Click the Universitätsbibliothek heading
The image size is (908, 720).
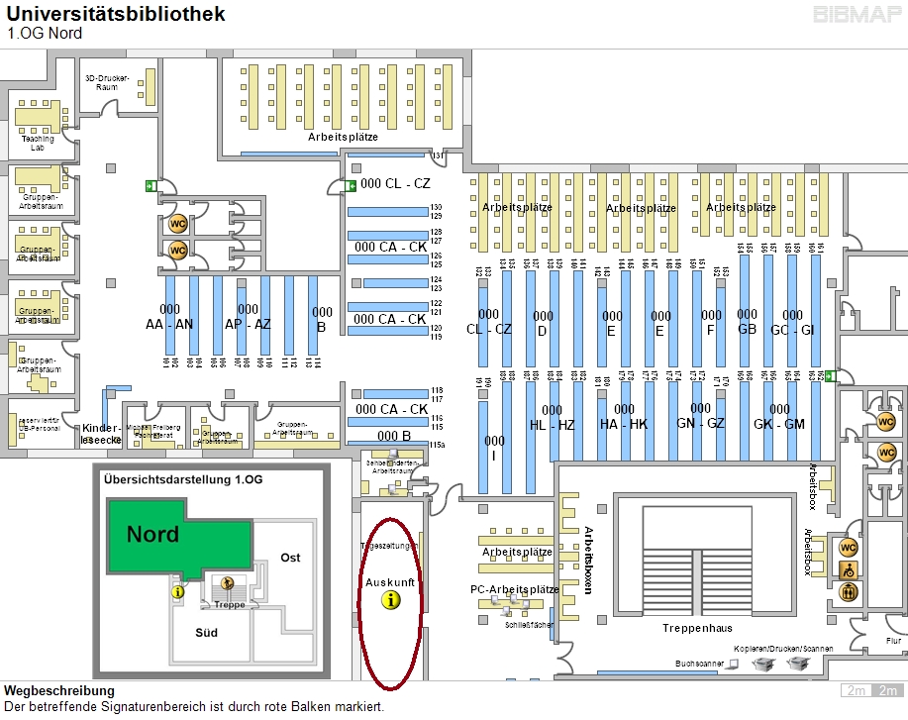[116, 14]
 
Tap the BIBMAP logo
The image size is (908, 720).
[855, 15]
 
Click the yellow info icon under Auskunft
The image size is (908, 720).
[391, 600]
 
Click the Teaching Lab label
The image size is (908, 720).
[38, 144]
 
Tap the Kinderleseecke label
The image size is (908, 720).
[101, 434]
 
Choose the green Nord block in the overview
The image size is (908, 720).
[154, 535]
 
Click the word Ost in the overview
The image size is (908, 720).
[290, 558]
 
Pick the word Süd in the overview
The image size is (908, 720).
[206, 631]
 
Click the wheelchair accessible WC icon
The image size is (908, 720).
[849, 569]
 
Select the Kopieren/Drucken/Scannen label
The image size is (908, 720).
[783, 649]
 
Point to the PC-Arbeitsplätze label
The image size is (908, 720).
[515, 589]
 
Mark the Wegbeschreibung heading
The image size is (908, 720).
[59, 690]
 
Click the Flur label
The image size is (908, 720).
[893, 641]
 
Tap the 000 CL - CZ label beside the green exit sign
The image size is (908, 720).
[395, 184]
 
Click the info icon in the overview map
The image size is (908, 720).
[178, 591]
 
